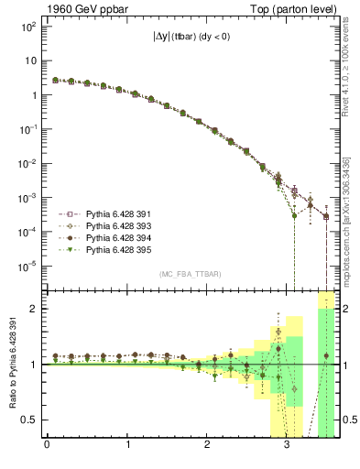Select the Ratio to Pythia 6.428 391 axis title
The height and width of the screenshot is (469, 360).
(x=14, y=364)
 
